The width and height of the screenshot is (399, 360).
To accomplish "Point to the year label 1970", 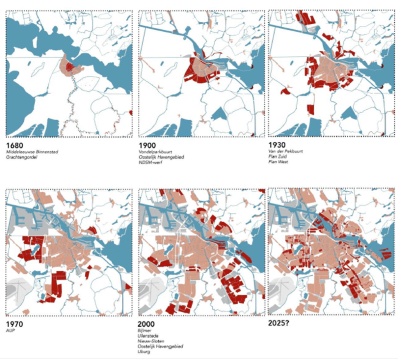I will click(x=14, y=324).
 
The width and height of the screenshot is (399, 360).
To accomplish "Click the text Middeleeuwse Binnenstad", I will click(x=32, y=152).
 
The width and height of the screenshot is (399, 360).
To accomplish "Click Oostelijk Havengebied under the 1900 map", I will click(x=161, y=157).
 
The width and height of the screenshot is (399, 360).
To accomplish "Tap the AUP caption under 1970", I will click(x=11, y=330).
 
